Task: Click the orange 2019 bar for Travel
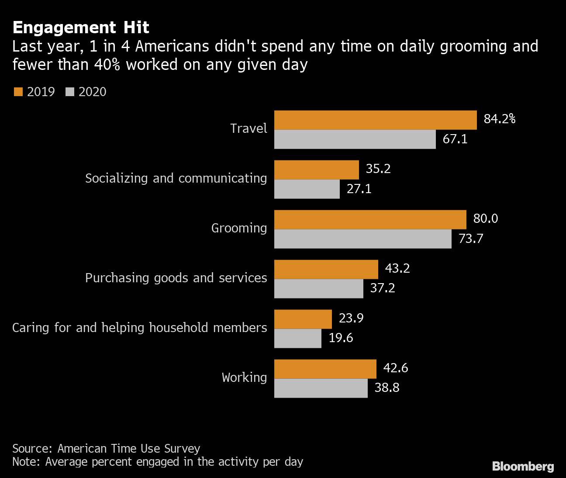tap(375, 120)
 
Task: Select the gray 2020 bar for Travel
tap(355, 139)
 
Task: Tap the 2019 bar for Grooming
tap(370, 220)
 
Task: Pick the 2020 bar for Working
tap(321, 388)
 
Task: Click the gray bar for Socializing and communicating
tap(307, 189)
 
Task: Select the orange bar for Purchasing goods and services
tap(326, 269)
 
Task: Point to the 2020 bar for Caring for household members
tap(297, 338)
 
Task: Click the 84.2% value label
tap(499, 119)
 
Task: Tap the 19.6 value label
tap(341, 338)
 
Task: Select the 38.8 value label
tap(387, 388)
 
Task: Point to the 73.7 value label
tap(470, 239)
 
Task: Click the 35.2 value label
tap(378, 169)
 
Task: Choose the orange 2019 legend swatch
tap(18, 92)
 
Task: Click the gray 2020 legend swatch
tap(70, 92)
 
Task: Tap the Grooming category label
tap(239, 228)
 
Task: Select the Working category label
tap(244, 378)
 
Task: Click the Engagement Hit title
tap(81, 28)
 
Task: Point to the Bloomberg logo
tap(523, 466)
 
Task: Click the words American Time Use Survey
tap(128, 449)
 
